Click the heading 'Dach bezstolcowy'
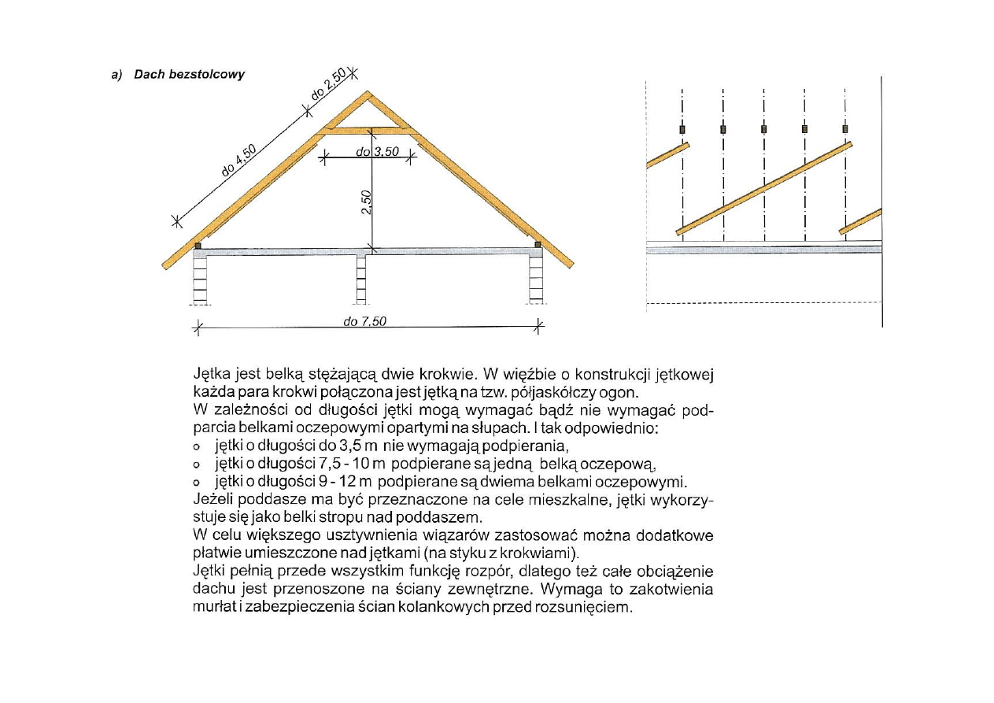(189, 75)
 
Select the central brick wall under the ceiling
(362, 279)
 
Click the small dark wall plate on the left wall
(198, 246)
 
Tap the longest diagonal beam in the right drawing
(763, 189)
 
